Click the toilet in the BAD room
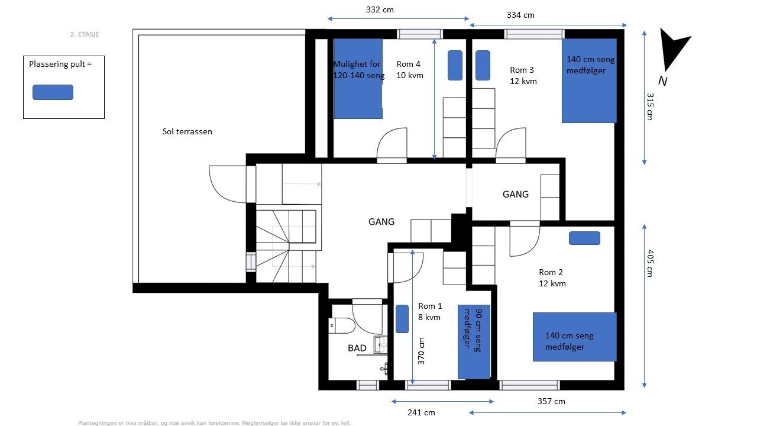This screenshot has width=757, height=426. (342, 325)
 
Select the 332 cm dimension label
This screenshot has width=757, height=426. (380, 9)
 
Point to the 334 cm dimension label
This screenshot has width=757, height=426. (520, 15)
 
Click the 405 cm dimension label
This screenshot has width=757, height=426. (649, 263)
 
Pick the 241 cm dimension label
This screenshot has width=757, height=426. (421, 412)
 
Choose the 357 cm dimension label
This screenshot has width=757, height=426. (551, 401)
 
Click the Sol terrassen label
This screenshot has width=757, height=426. (187, 131)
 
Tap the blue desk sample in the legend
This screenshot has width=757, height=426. (53, 92)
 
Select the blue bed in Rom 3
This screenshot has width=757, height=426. (589, 80)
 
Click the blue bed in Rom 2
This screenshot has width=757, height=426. (574, 337)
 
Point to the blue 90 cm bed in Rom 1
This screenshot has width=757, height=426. (474, 342)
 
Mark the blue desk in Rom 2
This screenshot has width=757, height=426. (584, 238)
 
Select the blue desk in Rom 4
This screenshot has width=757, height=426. (455, 65)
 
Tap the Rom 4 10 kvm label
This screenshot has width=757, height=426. (410, 70)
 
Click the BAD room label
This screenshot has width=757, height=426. (357, 348)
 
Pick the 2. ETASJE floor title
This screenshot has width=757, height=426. (85, 34)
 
